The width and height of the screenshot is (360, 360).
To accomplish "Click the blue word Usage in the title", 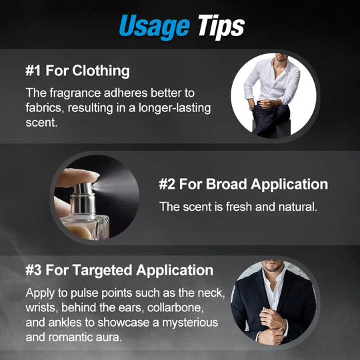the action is [x=155, y=27].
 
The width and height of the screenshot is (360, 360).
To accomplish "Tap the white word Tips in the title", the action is [x=221, y=27].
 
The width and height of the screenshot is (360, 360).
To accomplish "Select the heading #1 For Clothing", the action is [x=77, y=71].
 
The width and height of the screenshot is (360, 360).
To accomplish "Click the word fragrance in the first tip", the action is [x=75, y=93].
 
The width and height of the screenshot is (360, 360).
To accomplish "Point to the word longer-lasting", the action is [x=175, y=108].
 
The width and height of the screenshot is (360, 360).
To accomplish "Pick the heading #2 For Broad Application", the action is [x=243, y=184].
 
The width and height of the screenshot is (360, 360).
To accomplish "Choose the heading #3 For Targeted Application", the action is [x=119, y=270].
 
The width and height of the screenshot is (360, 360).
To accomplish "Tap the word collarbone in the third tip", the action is [x=175, y=307].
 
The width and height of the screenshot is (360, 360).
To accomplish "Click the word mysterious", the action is [x=190, y=323].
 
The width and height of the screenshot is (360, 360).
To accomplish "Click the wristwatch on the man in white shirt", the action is [x=252, y=107].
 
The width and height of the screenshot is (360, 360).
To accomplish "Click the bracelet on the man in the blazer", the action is [x=285, y=325].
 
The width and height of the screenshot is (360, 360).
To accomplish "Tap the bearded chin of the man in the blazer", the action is [x=273, y=268].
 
